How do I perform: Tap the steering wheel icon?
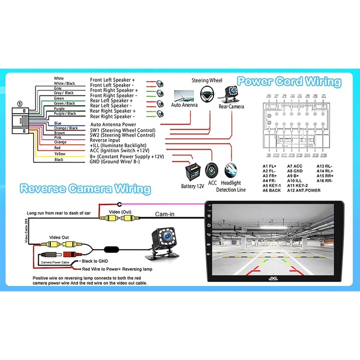207,93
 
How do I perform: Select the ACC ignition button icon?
211,170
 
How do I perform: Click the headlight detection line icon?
232,170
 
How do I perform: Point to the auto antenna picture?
184,95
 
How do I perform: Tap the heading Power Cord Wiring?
289,82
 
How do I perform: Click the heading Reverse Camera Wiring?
85,189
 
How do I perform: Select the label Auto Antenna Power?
113,125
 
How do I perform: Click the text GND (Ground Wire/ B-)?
115,161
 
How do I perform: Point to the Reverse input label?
105,140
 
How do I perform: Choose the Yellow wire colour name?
60,154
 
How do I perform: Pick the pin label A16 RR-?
325,181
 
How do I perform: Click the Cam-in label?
165,214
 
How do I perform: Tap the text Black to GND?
95,261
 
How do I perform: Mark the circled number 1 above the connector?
20,104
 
